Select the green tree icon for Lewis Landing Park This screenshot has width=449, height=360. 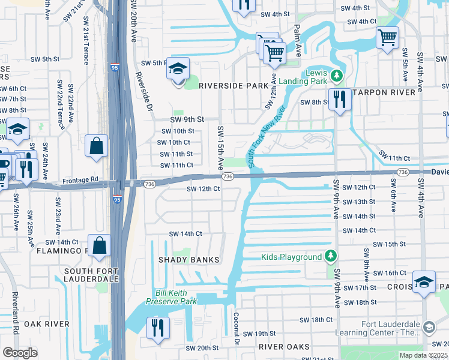click(337, 76)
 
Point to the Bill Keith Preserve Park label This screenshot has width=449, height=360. click(172, 297)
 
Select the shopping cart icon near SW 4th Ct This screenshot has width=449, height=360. click(387, 38)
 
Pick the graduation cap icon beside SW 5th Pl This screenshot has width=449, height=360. click(178, 70)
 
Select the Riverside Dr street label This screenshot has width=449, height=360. click(143, 91)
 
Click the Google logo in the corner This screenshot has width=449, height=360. click(20, 353)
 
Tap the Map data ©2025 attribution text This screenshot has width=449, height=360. click(423, 355)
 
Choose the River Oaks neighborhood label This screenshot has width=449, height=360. click(284, 347)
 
